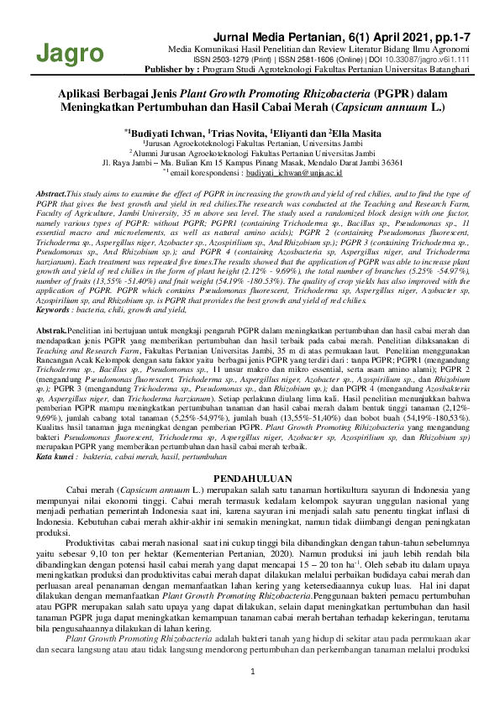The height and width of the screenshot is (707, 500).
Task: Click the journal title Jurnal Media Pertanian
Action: pyautogui.click(x=283, y=37)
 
